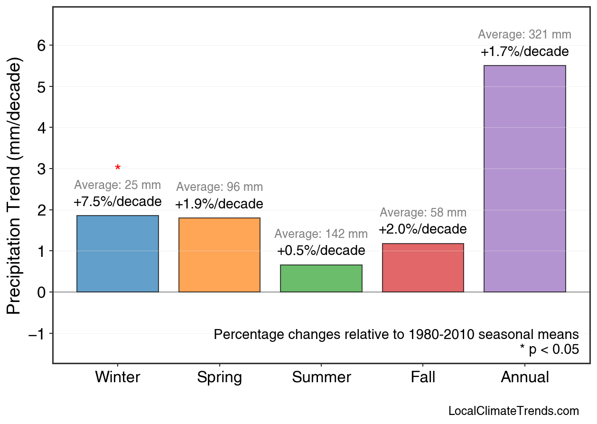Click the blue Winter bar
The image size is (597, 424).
[x=118, y=254]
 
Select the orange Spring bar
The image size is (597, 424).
[x=219, y=255]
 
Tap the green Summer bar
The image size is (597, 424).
[x=321, y=279]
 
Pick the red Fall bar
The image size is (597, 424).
[x=423, y=268]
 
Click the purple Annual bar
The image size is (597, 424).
[x=524, y=179]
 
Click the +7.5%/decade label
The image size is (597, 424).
[x=118, y=202]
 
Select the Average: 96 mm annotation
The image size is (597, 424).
[x=219, y=187]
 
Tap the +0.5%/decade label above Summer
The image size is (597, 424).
[x=321, y=251]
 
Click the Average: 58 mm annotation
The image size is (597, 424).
[x=423, y=213]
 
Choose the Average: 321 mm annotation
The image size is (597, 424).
[x=524, y=35]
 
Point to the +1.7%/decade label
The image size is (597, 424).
[x=524, y=52]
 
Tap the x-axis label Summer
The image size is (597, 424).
[x=321, y=377]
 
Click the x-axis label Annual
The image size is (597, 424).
[x=524, y=377]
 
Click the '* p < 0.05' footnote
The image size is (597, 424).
[x=549, y=350]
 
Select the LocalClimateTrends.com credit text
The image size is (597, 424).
[x=513, y=411]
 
